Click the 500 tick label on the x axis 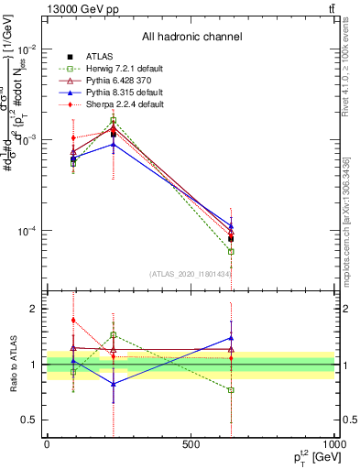tap(191, 444)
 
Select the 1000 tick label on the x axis tap(333, 444)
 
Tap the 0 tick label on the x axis tap(47, 444)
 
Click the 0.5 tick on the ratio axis tap(29, 420)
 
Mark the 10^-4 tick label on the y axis tap(25, 231)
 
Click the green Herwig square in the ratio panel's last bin tap(231, 390)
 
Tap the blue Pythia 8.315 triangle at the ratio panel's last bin tap(231, 338)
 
